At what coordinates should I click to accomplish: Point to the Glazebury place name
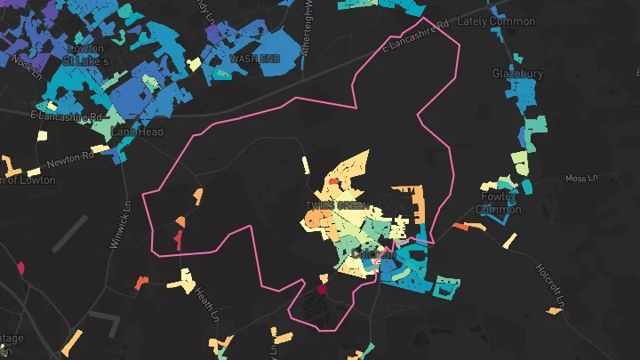pos(517,74)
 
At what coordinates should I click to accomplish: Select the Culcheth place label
pos(372,254)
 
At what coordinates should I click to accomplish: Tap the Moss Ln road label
pos(582,179)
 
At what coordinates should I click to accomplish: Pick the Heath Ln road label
pos(206,302)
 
